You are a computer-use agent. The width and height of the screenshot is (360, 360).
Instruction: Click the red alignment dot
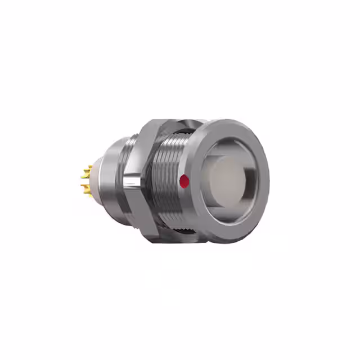tap(183, 181)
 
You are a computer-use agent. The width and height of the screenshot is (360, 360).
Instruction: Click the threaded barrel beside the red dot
tap(169, 180)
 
